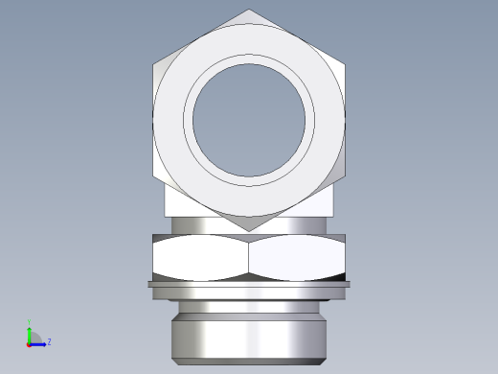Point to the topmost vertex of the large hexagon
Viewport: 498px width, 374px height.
point(249,10)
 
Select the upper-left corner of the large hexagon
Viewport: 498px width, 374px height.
point(154,64)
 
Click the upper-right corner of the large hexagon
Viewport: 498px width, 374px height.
point(344,64)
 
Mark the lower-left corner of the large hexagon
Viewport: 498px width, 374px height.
point(154,176)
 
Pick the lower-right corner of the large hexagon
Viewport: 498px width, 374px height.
point(344,176)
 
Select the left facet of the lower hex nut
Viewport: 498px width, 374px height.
point(201,259)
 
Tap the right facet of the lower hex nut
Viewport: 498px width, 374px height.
point(297,259)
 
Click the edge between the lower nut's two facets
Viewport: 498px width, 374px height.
point(249,259)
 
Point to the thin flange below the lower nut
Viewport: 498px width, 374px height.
point(249,285)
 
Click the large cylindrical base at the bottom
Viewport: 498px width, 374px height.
point(249,336)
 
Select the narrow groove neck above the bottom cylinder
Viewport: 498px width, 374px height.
point(249,300)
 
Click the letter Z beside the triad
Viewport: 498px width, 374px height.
point(49,341)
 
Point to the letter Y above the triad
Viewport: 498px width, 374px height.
point(30,321)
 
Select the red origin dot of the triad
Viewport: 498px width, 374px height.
point(29,343)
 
